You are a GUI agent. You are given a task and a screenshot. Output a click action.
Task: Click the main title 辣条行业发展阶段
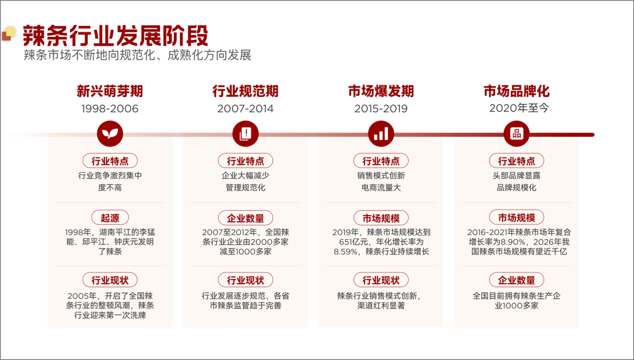point(116,36)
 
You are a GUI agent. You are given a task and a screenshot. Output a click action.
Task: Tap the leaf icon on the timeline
point(110,134)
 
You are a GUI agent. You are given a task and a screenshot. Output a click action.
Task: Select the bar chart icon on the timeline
point(381,134)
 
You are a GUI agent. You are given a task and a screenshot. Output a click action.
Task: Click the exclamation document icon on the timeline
point(245,134)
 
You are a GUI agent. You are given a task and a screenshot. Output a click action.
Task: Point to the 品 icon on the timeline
point(517,134)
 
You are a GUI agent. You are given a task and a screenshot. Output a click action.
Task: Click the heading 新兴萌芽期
point(110,91)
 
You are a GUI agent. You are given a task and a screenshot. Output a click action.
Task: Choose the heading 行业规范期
point(245,91)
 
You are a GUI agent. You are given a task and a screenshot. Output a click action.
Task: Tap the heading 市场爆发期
point(381,91)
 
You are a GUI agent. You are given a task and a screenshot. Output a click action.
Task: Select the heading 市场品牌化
point(517,91)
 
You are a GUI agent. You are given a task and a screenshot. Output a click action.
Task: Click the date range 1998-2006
point(110,109)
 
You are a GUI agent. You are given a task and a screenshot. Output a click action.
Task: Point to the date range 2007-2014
point(245,109)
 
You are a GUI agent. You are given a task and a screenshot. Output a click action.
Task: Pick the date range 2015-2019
point(381,109)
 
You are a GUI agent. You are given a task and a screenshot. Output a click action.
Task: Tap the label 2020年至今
point(519,108)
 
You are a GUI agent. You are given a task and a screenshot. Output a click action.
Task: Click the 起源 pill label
point(110,218)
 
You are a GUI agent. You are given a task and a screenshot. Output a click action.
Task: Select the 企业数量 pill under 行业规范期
point(245,218)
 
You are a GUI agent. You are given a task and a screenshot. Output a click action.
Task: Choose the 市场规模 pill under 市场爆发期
point(381,218)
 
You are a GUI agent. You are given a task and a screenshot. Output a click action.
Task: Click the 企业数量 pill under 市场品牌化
point(517,280)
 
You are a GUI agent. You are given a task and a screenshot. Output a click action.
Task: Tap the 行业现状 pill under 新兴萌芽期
point(110,280)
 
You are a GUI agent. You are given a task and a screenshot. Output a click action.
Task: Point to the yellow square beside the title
point(11,32)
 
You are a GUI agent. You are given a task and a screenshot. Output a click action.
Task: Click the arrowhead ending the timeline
point(592,134)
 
